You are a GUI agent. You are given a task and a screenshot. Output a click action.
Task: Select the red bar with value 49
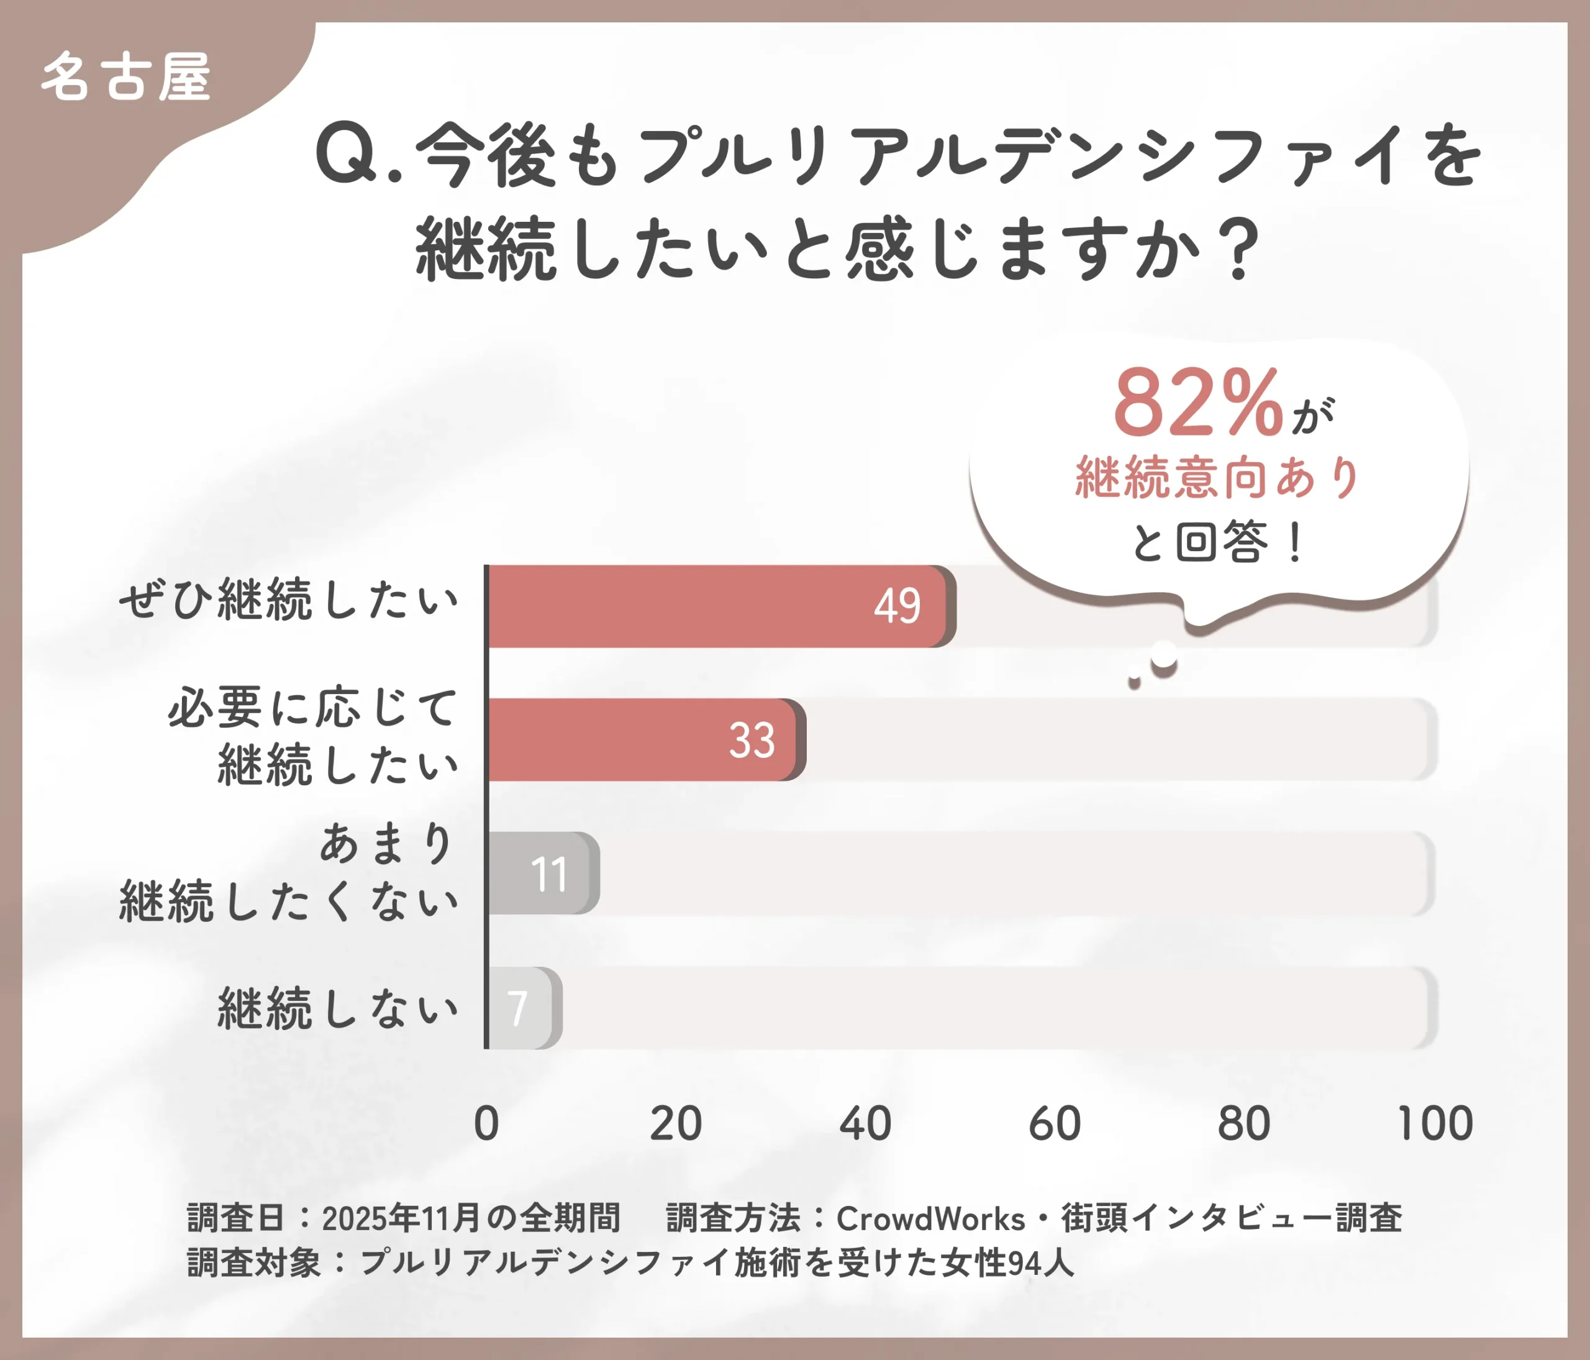coord(717,606)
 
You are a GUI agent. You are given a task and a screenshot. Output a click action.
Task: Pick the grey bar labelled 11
coord(542,874)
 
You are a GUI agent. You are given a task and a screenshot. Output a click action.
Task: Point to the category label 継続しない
coord(338,1008)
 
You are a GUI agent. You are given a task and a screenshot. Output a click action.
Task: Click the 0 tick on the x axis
coord(486,1124)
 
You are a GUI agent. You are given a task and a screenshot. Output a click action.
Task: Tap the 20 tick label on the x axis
coord(675,1124)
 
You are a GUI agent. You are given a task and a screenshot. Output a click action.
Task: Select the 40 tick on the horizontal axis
coord(865,1124)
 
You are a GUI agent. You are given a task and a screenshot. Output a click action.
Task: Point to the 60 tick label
coord(1055,1124)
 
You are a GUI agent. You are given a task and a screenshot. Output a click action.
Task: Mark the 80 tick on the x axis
coord(1244,1124)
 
